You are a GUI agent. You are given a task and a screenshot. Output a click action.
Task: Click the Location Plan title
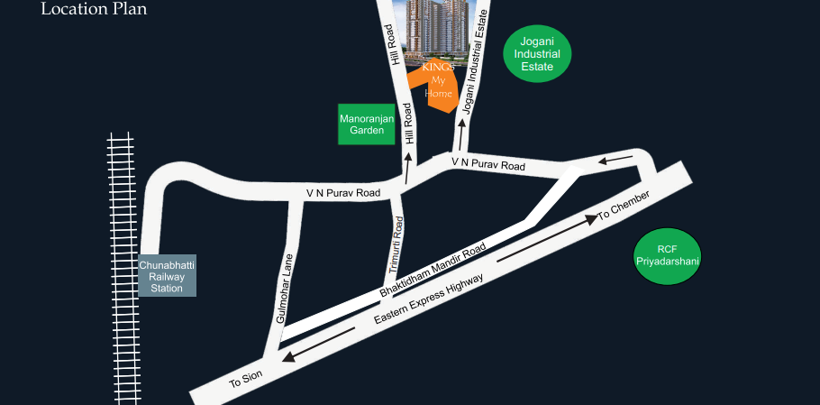pos(94,10)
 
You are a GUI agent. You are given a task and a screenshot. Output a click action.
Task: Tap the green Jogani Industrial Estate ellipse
pos(537,54)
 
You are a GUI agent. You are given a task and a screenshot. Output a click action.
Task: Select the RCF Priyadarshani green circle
pos(667,255)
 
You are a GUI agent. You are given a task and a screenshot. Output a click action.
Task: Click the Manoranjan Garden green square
pos(367,124)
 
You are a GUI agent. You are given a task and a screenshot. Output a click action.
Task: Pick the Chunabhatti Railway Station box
pos(167,276)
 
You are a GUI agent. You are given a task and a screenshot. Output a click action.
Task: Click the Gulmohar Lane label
pos(285,289)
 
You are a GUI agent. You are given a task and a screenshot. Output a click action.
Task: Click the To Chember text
pos(624,206)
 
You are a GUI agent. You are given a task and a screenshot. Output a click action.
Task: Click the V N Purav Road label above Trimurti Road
pos(343,193)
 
